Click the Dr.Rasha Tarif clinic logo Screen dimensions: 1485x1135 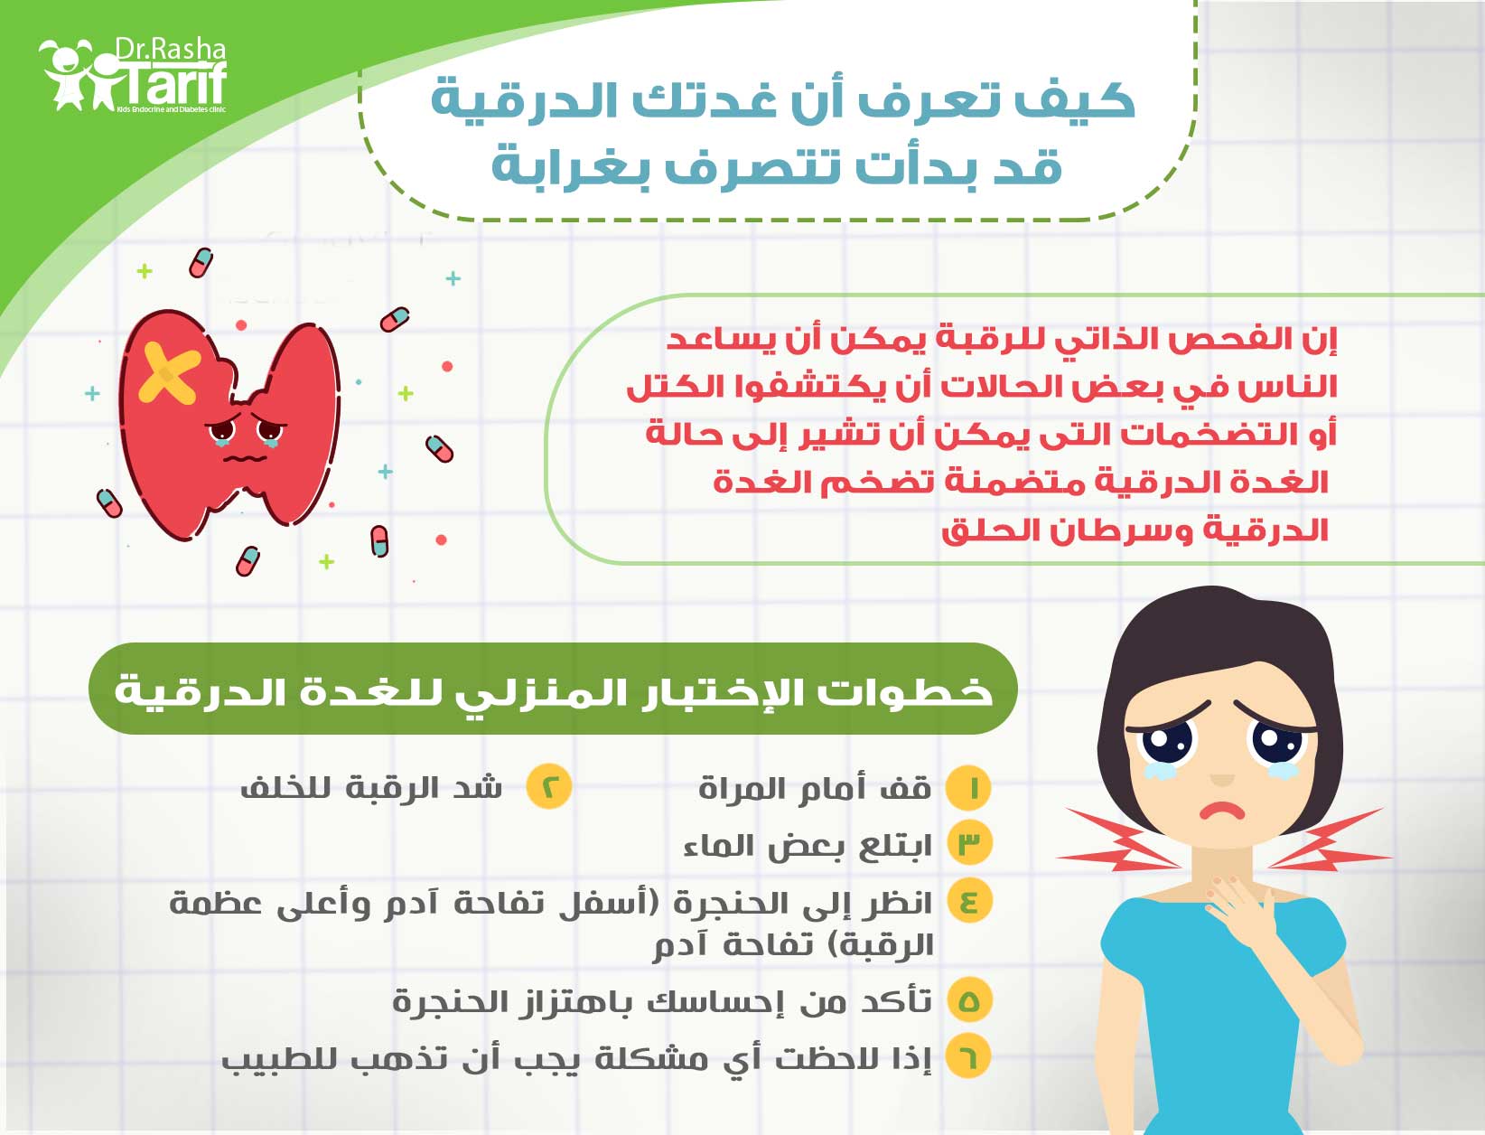[133, 75]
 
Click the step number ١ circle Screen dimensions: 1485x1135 [968, 789]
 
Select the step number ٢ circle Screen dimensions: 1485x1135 [548, 786]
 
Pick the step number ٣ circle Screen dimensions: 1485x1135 [969, 843]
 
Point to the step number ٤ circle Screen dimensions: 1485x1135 [969, 901]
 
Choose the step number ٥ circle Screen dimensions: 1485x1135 [969, 1001]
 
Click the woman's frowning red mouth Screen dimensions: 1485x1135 [1222, 810]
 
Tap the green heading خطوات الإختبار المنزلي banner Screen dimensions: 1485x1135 [553, 689]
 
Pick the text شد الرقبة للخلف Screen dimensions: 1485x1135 [371, 788]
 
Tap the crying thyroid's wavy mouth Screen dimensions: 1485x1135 [247, 458]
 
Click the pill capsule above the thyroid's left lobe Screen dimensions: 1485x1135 [201, 263]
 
